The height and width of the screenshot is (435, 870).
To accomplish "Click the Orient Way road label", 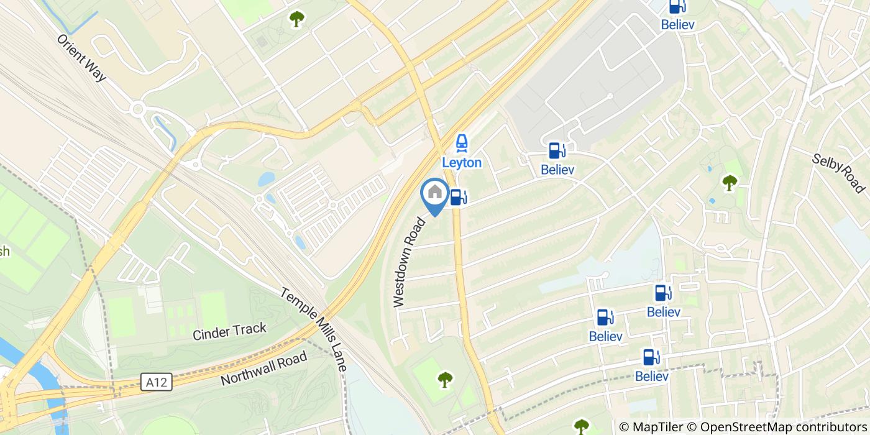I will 81,57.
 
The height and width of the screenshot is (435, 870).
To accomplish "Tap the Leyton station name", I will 462,163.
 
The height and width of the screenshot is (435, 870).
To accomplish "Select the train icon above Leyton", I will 462,144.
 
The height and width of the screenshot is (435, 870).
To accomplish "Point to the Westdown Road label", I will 408,262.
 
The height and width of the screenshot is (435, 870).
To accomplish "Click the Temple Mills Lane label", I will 313,329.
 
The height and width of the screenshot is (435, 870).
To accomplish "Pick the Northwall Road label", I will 263,369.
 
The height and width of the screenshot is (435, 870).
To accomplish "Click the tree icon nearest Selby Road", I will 729,182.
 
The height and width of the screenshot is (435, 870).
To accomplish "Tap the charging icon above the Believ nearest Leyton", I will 556,150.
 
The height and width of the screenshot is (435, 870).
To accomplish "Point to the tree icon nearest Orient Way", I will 296,19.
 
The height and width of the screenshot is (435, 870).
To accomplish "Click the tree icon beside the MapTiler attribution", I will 582,426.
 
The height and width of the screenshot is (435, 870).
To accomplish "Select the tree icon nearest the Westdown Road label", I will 445,379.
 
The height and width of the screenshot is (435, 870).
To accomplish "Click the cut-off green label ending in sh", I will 5,252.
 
